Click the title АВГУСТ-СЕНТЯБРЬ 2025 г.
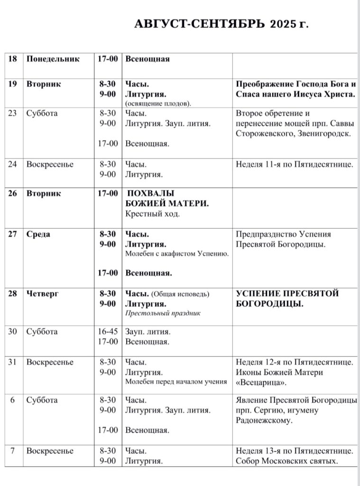pos(222,24)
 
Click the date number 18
pos(13,59)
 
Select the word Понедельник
pos(53,59)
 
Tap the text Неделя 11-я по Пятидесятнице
pos(294,165)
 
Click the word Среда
pos(38,234)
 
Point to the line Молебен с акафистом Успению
pos(177,254)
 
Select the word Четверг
pos(43,294)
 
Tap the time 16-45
pos(107,332)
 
